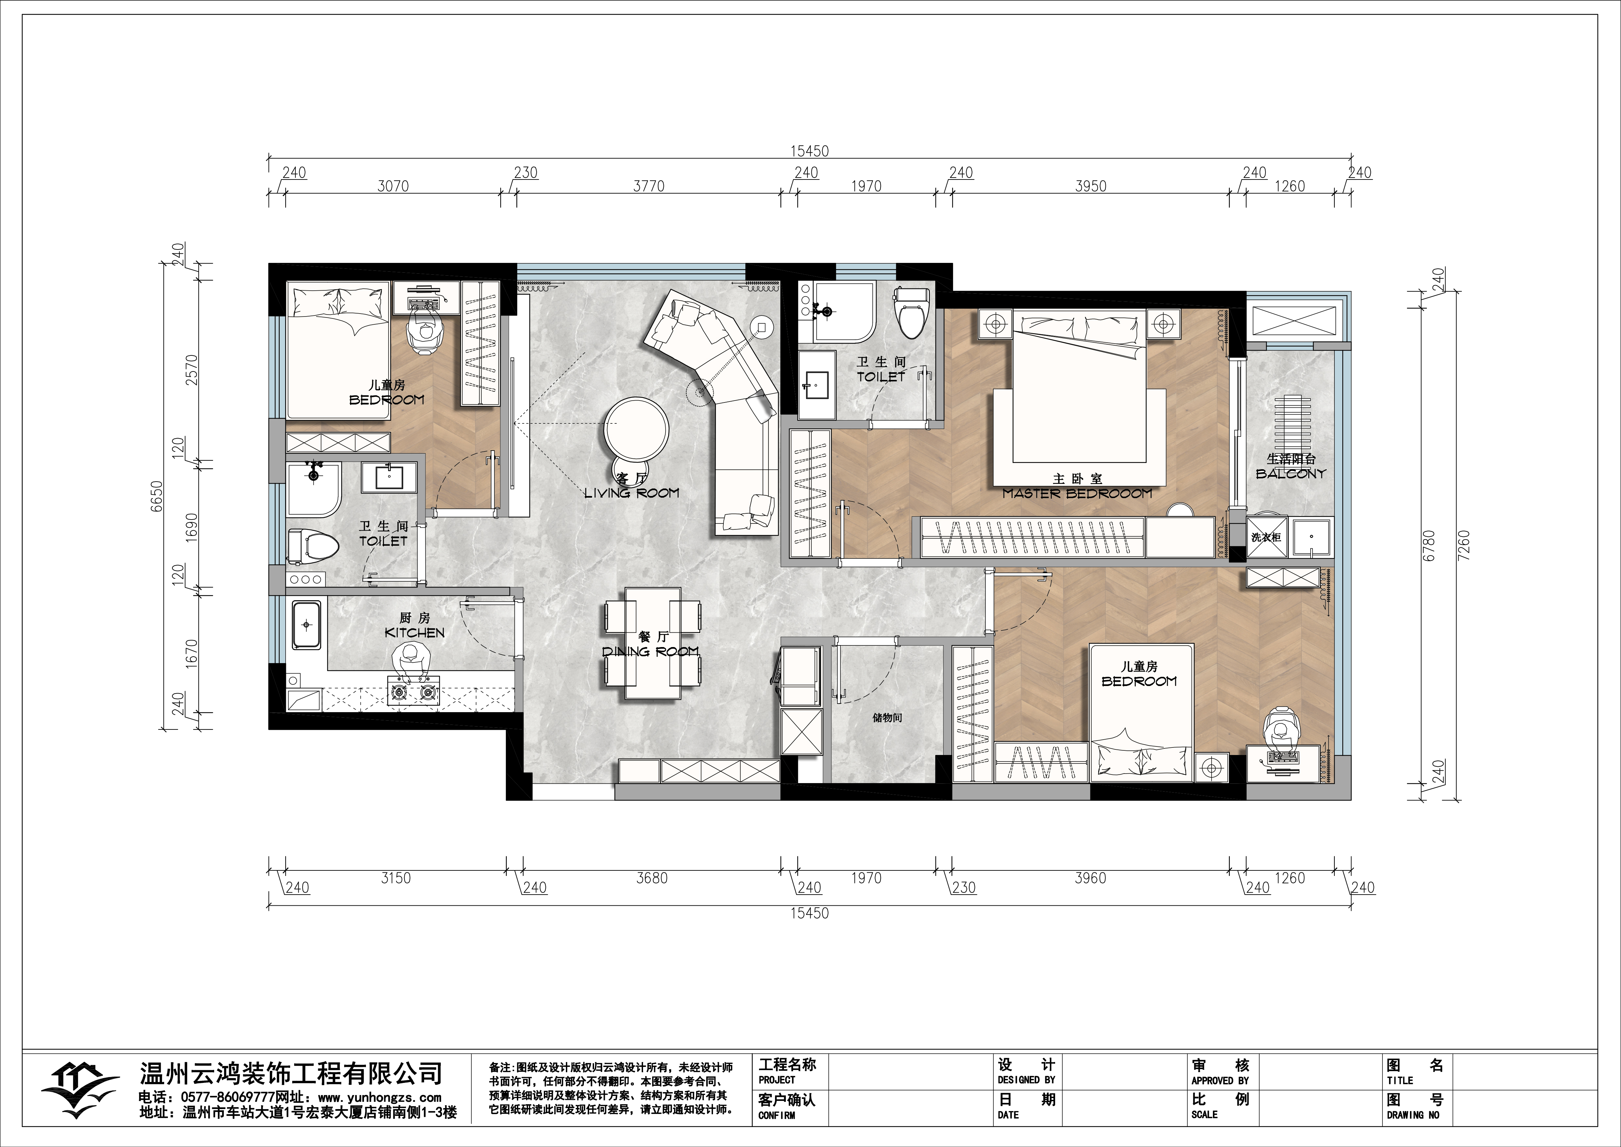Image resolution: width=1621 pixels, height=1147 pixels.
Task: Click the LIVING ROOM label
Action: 632,493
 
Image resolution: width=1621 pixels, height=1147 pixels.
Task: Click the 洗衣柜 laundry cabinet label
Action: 1266,538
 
